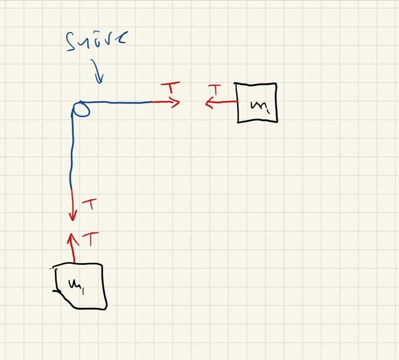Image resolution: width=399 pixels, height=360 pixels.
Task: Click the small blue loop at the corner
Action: pos(81,109)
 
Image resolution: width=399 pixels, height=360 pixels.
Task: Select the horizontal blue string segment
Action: pos(120,102)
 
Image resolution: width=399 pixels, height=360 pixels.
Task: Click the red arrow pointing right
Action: pos(165,102)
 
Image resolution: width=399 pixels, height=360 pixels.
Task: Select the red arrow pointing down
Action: pos(73,204)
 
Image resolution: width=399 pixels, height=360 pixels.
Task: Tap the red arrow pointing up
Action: pos(73,247)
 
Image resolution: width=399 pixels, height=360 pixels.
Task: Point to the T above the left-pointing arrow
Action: pos(214,90)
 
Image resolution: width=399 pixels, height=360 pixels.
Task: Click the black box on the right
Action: pos(257,103)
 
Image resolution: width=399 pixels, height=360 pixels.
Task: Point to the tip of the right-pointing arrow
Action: pos(179,103)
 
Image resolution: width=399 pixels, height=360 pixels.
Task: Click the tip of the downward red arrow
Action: pos(73,220)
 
